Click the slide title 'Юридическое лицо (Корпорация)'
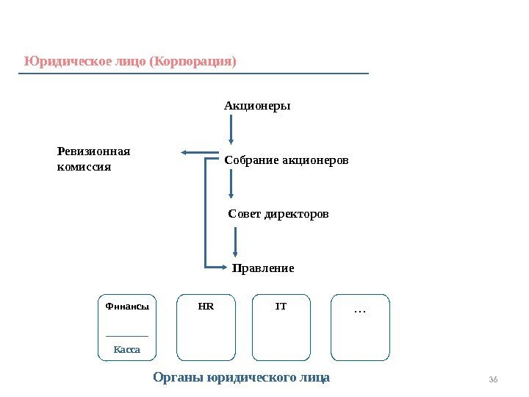tap(130, 60)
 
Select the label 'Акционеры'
tap(257, 106)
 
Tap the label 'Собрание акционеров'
tap(287, 160)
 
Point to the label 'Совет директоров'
tap(278, 214)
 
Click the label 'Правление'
tap(263, 268)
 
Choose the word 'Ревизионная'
tap(93, 151)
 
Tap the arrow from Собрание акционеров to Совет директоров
tap(231, 184)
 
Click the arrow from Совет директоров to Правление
tap(235, 241)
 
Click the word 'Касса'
tap(127, 349)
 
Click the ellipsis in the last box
tap(360, 312)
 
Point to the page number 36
tap(493, 379)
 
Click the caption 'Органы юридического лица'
tap(241, 378)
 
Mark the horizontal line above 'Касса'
tap(127, 336)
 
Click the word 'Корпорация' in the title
tap(192, 60)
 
